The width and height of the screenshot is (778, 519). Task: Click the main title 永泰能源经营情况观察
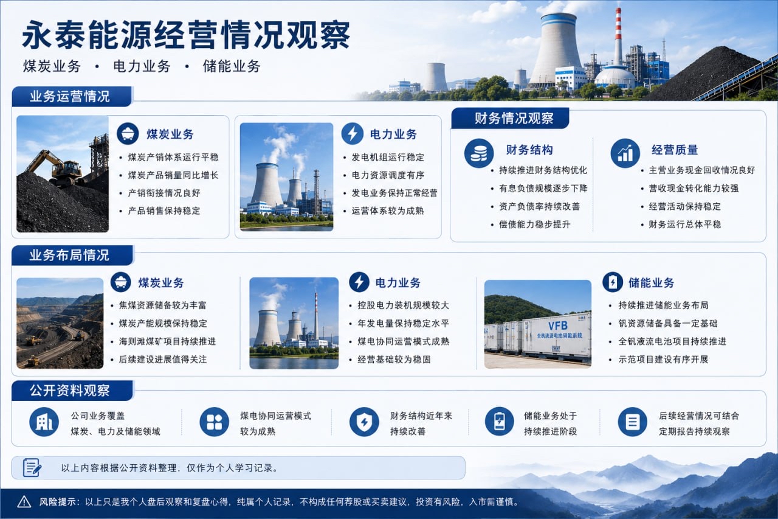tap(186, 35)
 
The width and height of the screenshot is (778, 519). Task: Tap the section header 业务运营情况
tap(69, 96)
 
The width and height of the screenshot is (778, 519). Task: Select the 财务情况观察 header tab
tap(514, 118)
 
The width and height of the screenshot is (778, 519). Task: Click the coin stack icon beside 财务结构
tap(478, 153)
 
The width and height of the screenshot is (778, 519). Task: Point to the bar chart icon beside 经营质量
tap(625, 153)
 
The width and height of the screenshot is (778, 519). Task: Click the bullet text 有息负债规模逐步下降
tap(543, 189)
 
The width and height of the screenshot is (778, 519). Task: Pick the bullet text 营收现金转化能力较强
tap(694, 189)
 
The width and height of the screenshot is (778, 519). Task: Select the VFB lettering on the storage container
tap(558, 326)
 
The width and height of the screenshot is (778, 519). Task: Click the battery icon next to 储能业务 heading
tap(613, 282)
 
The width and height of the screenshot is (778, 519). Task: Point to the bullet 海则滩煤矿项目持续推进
tap(167, 341)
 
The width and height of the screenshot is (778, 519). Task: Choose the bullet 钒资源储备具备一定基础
tap(667, 323)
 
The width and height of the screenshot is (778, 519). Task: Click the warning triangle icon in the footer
tap(24, 502)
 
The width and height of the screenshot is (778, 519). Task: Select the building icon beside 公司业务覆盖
tap(44, 422)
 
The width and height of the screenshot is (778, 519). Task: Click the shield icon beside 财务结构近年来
tap(364, 422)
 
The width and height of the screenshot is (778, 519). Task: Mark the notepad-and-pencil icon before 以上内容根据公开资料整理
tap(32, 467)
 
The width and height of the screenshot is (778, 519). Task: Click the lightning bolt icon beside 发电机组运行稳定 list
tap(352, 133)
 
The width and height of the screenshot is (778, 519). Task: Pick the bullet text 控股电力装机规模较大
tap(403, 305)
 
